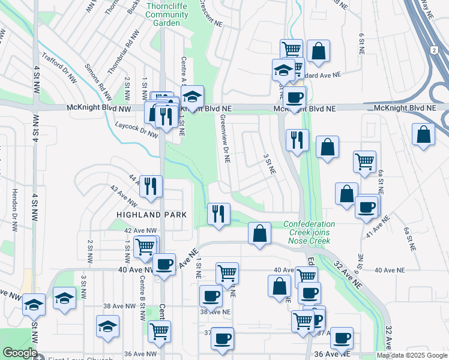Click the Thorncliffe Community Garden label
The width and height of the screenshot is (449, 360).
(x=163, y=14)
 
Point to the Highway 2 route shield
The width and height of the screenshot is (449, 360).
(x=434, y=51)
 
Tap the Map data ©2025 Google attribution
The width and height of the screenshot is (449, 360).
(x=412, y=355)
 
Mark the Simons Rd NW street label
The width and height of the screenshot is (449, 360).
(x=97, y=81)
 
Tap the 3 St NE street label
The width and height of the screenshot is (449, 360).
(x=269, y=163)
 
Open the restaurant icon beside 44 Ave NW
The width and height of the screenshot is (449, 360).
(x=151, y=185)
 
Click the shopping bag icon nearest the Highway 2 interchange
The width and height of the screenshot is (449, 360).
(x=423, y=134)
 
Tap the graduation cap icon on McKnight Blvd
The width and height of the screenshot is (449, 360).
(x=192, y=96)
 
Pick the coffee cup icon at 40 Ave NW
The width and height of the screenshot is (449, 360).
(x=163, y=263)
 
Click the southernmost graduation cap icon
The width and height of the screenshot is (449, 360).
(x=108, y=326)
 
